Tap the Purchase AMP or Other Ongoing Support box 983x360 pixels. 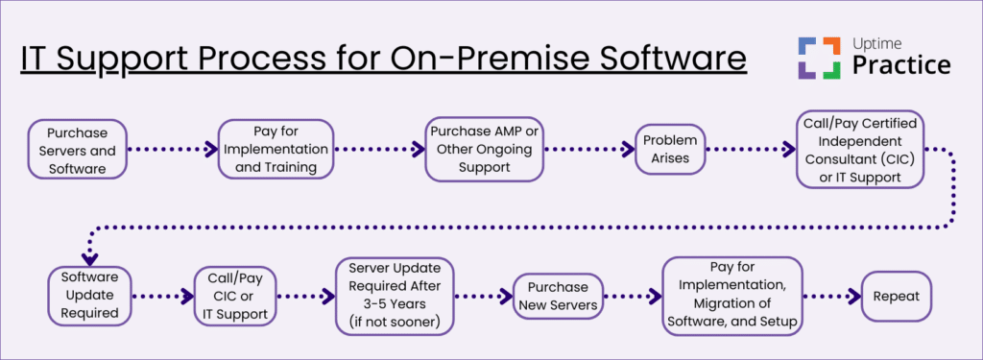coord(485,149)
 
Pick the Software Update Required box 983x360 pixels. coord(88,296)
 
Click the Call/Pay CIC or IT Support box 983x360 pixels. coord(235,296)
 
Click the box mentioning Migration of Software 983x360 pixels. coord(731,296)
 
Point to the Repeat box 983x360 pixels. coord(903,296)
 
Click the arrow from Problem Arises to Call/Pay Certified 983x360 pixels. coord(752,149)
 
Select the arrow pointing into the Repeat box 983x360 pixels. coord(832,296)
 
